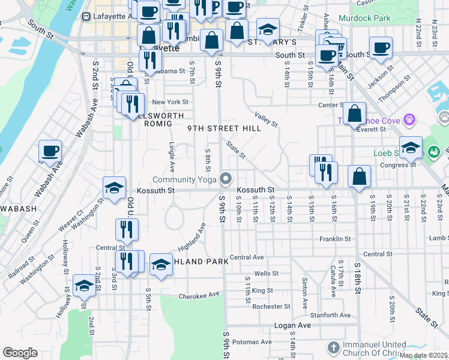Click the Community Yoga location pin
pos(226,179)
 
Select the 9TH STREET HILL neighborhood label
pos(224,128)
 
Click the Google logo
pos(20,353)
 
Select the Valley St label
pos(265,119)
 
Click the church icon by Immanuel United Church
pos(333,348)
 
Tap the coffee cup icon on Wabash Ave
pos(50,151)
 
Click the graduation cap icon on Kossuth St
pos(114,188)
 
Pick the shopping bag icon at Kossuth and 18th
pos(359,176)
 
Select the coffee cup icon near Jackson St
pos(380,48)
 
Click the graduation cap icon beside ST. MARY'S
pos(268,29)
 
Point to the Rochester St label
pos(271,306)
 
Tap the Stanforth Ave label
pos(330,315)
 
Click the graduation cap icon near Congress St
pos(411,146)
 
